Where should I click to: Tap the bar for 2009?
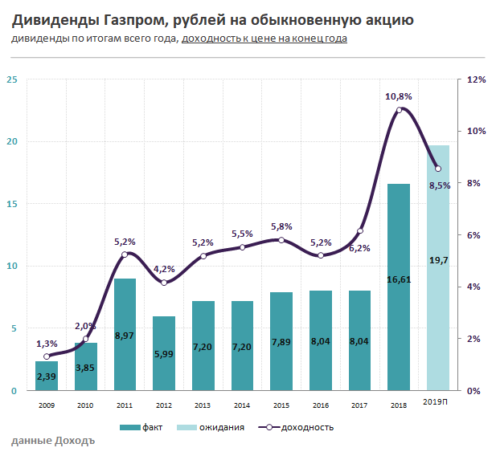click(47, 376)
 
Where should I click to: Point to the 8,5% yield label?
click(439, 185)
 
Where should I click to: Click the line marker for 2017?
click(360, 231)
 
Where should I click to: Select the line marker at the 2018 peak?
click(399, 110)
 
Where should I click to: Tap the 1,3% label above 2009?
click(47, 343)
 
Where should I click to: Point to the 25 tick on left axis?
click(11, 79)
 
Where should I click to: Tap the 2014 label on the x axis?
click(242, 406)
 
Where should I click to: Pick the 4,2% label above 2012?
click(164, 269)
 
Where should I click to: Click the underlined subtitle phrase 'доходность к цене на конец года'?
click(264, 39)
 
